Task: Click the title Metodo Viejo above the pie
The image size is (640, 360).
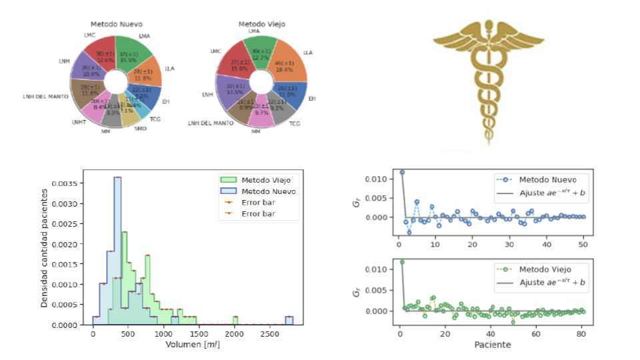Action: [261, 25]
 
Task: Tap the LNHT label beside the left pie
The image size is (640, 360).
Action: [79, 123]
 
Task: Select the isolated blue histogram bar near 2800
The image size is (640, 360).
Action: [289, 321]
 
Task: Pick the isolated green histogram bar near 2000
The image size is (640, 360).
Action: [235, 321]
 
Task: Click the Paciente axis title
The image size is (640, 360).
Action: [493, 345]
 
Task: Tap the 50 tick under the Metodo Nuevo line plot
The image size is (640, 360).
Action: [583, 245]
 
